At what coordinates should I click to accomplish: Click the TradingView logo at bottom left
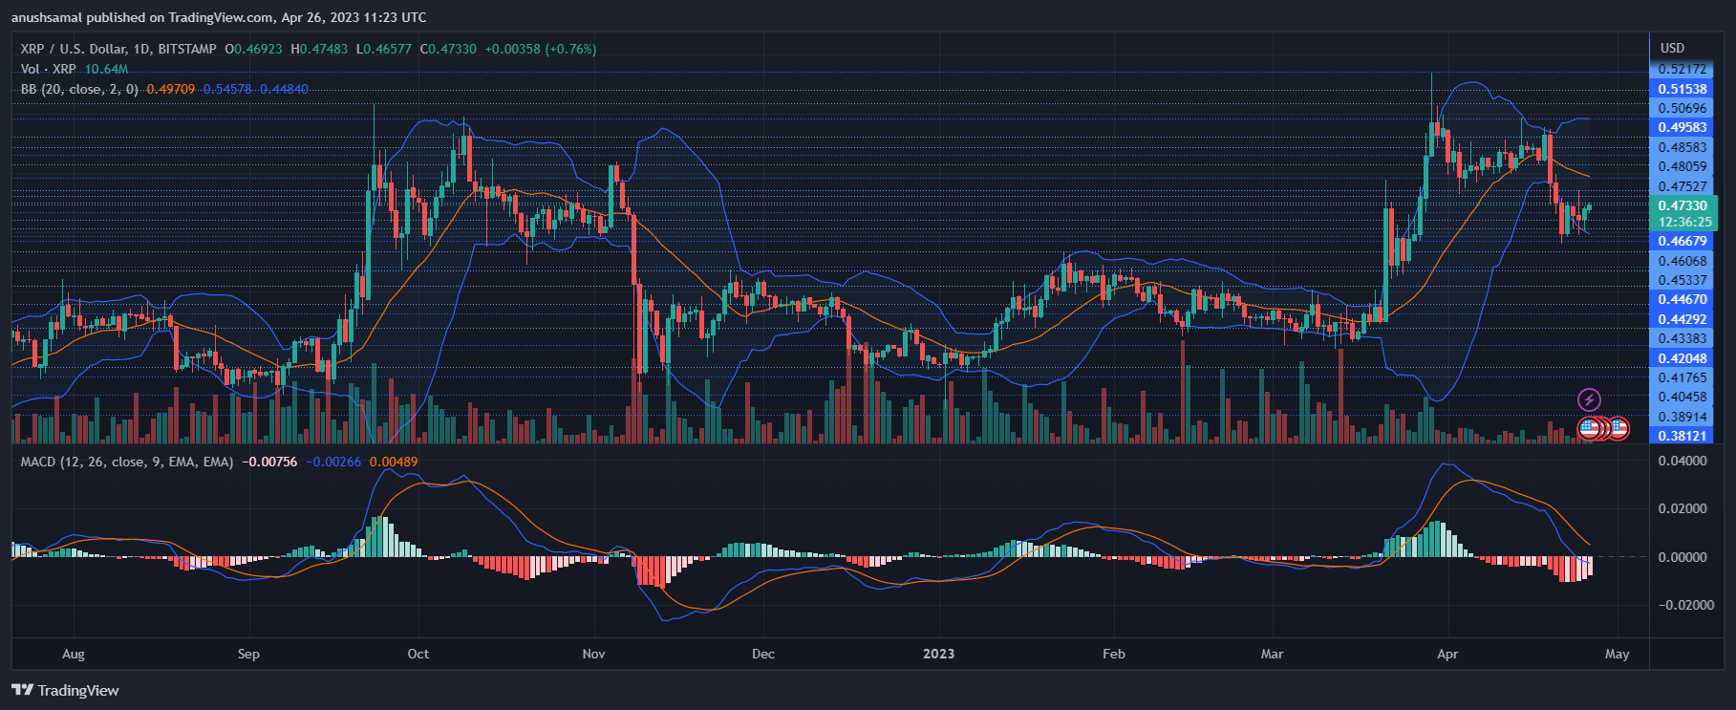(65, 690)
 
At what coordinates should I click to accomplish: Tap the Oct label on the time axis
(418, 655)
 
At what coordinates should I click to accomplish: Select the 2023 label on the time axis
(938, 655)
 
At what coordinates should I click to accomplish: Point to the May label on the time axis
(1617, 655)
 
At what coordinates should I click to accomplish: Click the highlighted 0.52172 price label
(1682, 69)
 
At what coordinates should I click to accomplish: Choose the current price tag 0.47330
(1682, 205)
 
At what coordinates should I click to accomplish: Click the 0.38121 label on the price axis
(1682, 436)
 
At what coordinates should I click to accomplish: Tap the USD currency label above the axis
(1672, 48)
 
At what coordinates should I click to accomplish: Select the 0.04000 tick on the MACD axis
(1682, 461)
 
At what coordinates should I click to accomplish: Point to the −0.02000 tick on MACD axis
(1682, 605)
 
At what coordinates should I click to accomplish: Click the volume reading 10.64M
(106, 69)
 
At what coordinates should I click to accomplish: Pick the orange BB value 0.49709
(170, 89)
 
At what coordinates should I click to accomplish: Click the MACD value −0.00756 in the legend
(269, 462)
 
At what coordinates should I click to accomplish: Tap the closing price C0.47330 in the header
(449, 49)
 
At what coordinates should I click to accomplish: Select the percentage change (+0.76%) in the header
(570, 49)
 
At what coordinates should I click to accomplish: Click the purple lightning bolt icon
(1589, 399)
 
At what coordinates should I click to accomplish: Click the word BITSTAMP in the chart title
(187, 49)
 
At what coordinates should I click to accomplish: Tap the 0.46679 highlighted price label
(1682, 241)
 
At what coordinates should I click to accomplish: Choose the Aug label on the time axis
(73, 655)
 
